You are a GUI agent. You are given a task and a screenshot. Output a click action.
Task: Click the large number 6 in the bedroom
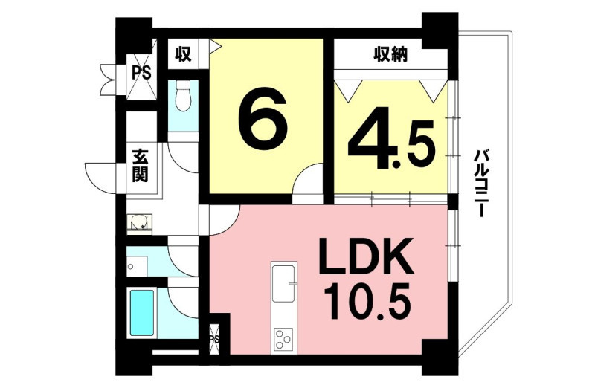(263, 120)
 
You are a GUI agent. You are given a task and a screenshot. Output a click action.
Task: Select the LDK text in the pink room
(366, 256)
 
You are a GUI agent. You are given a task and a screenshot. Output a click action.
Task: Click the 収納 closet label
(391, 54)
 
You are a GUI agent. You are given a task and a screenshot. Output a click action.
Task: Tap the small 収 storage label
(182, 54)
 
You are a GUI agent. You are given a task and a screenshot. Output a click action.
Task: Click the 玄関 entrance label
(140, 165)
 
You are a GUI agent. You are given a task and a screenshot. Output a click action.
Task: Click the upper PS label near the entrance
(141, 72)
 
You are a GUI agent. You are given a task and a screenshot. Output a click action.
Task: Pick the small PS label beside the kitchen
(214, 339)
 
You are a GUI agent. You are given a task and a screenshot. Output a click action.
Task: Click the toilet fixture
(183, 97)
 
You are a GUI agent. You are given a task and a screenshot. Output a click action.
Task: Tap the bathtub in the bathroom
(142, 313)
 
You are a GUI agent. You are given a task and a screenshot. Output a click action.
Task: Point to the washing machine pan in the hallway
(139, 223)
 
